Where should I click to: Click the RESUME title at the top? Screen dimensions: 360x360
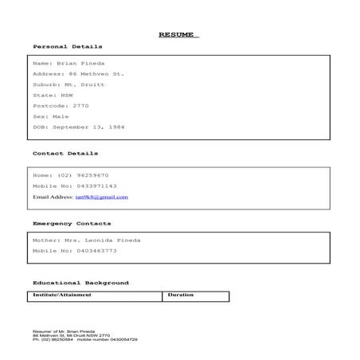pos(178,35)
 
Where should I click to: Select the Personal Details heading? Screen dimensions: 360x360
pos(68,47)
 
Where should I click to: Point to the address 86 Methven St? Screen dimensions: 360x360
pos(97,73)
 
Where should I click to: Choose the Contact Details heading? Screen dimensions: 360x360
pos(65,153)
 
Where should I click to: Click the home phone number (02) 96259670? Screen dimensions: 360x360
pos(83,174)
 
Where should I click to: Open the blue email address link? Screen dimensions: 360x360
pos(101,196)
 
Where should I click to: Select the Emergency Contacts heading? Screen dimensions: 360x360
pos(72,223)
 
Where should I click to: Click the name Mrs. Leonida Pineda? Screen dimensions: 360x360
pos(100,240)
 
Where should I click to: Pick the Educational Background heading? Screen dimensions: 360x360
pos(80,283)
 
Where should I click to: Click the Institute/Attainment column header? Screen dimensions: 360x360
pos(62,295)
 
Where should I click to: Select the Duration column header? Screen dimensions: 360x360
pos(181,295)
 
